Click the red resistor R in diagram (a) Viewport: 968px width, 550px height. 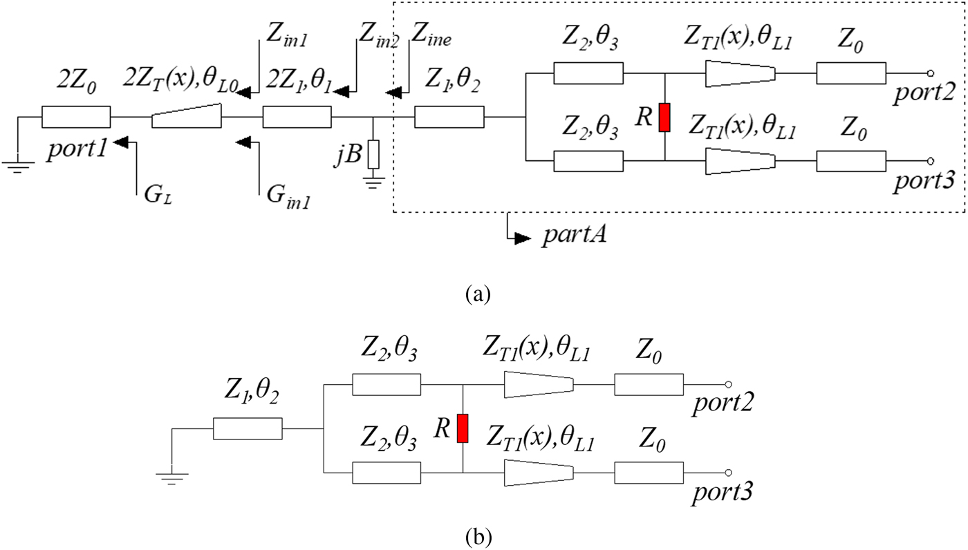click(664, 117)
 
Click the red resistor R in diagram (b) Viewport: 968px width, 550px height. click(463, 428)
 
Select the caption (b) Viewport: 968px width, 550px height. click(478, 535)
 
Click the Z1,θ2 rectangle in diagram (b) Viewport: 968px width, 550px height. click(248, 429)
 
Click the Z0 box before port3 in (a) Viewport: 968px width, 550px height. click(850, 160)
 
